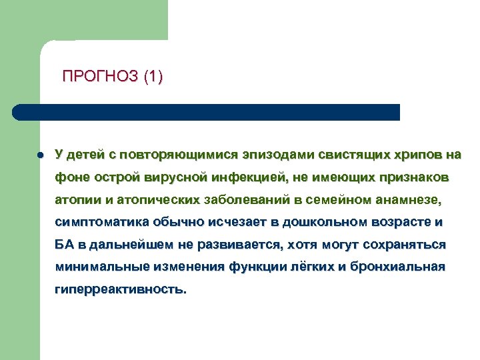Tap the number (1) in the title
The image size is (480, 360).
tap(152, 77)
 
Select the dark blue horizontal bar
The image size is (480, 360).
tap(207, 112)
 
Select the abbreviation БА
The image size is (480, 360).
tap(63, 245)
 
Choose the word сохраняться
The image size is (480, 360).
tap(407, 245)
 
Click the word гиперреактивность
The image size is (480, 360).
tap(121, 290)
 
